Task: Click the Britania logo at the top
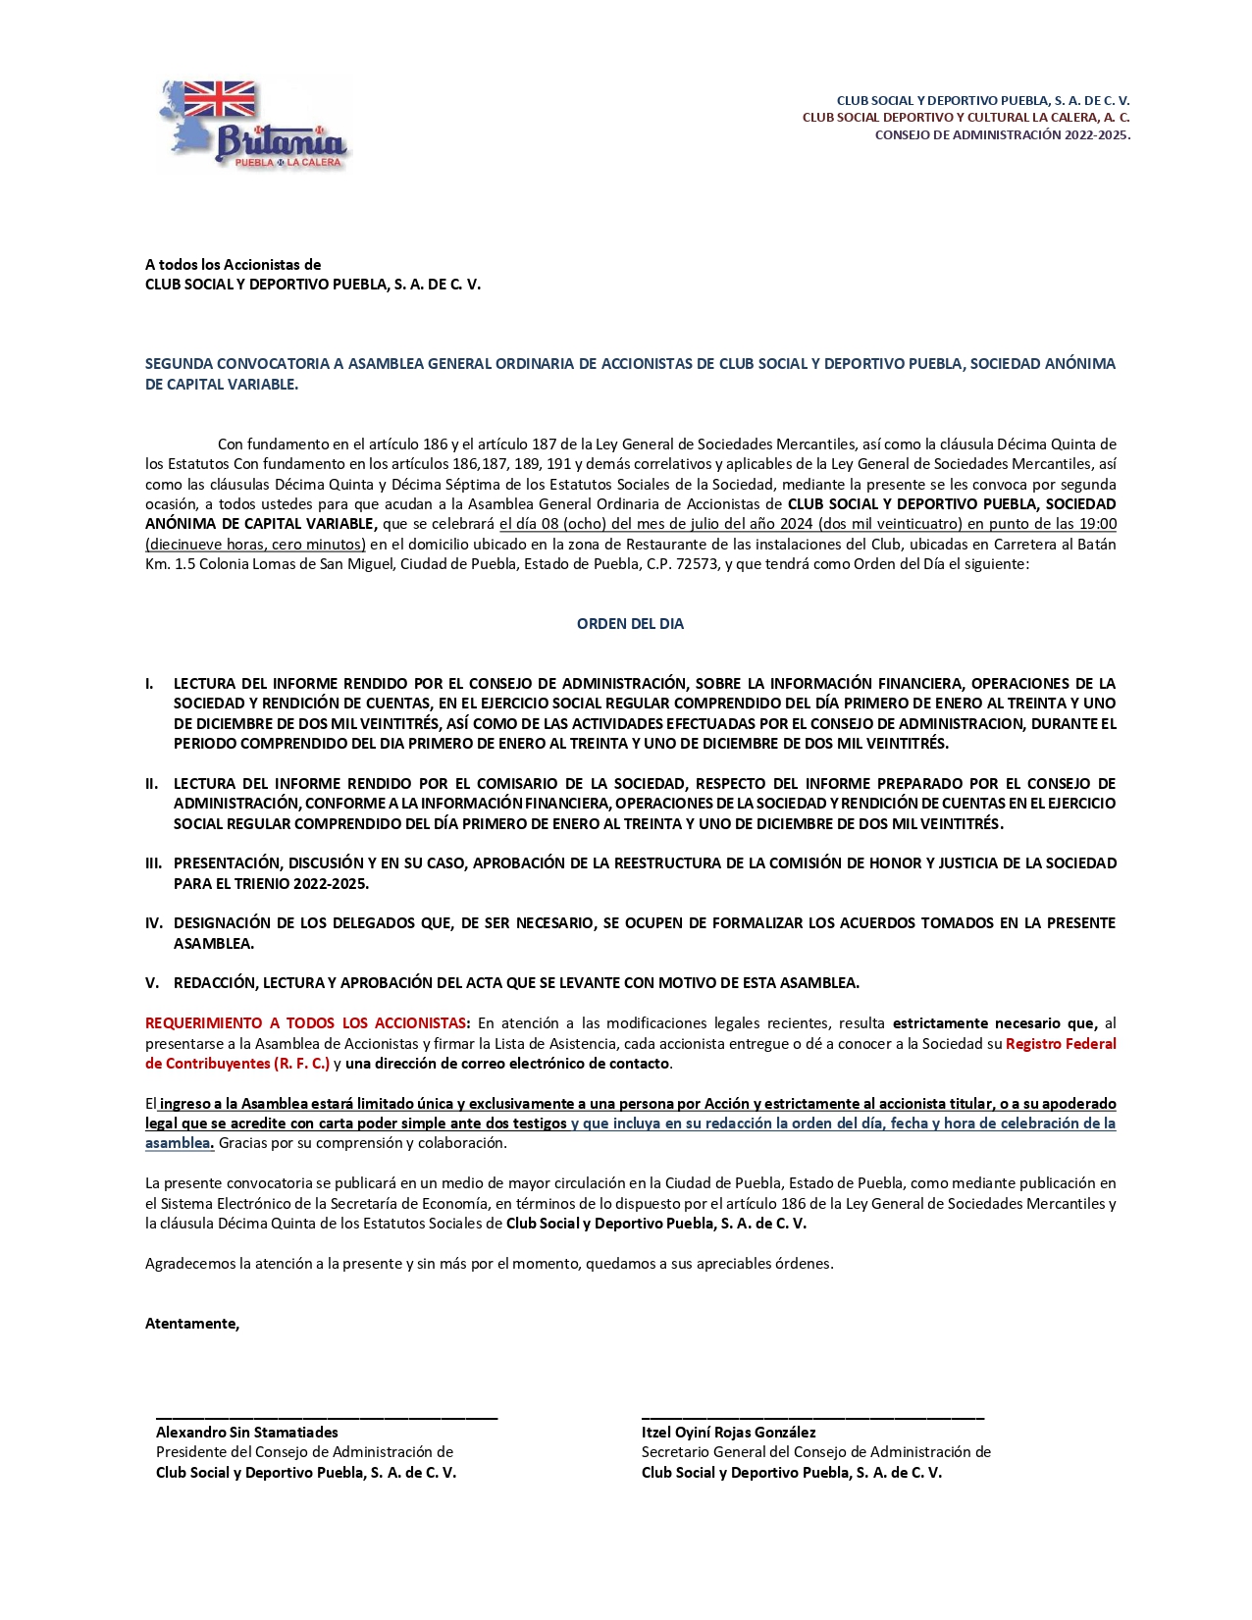tap(254, 126)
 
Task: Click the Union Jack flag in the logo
tap(219, 100)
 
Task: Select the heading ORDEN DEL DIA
tap(630, 624)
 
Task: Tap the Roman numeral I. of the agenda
tap(149, 684)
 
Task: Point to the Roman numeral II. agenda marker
tap(151, 784)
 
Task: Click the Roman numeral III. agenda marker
tap(153, 863)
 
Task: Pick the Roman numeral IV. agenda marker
tap(153, 923)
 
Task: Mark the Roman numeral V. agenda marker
tap(151, 983)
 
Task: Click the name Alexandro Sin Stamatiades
tap(246, 1433)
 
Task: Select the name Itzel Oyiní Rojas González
tap(728, 1433)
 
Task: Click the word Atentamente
tap(191, 1324)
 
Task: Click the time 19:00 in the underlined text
tap(1097, 524)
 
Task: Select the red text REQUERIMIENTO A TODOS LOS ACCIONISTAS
tap(307, 1023)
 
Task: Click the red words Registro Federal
tap(1061, 1044)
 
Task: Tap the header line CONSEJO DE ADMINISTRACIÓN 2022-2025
tap(1002, 135)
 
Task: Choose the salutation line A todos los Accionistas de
tap(233, 265)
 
